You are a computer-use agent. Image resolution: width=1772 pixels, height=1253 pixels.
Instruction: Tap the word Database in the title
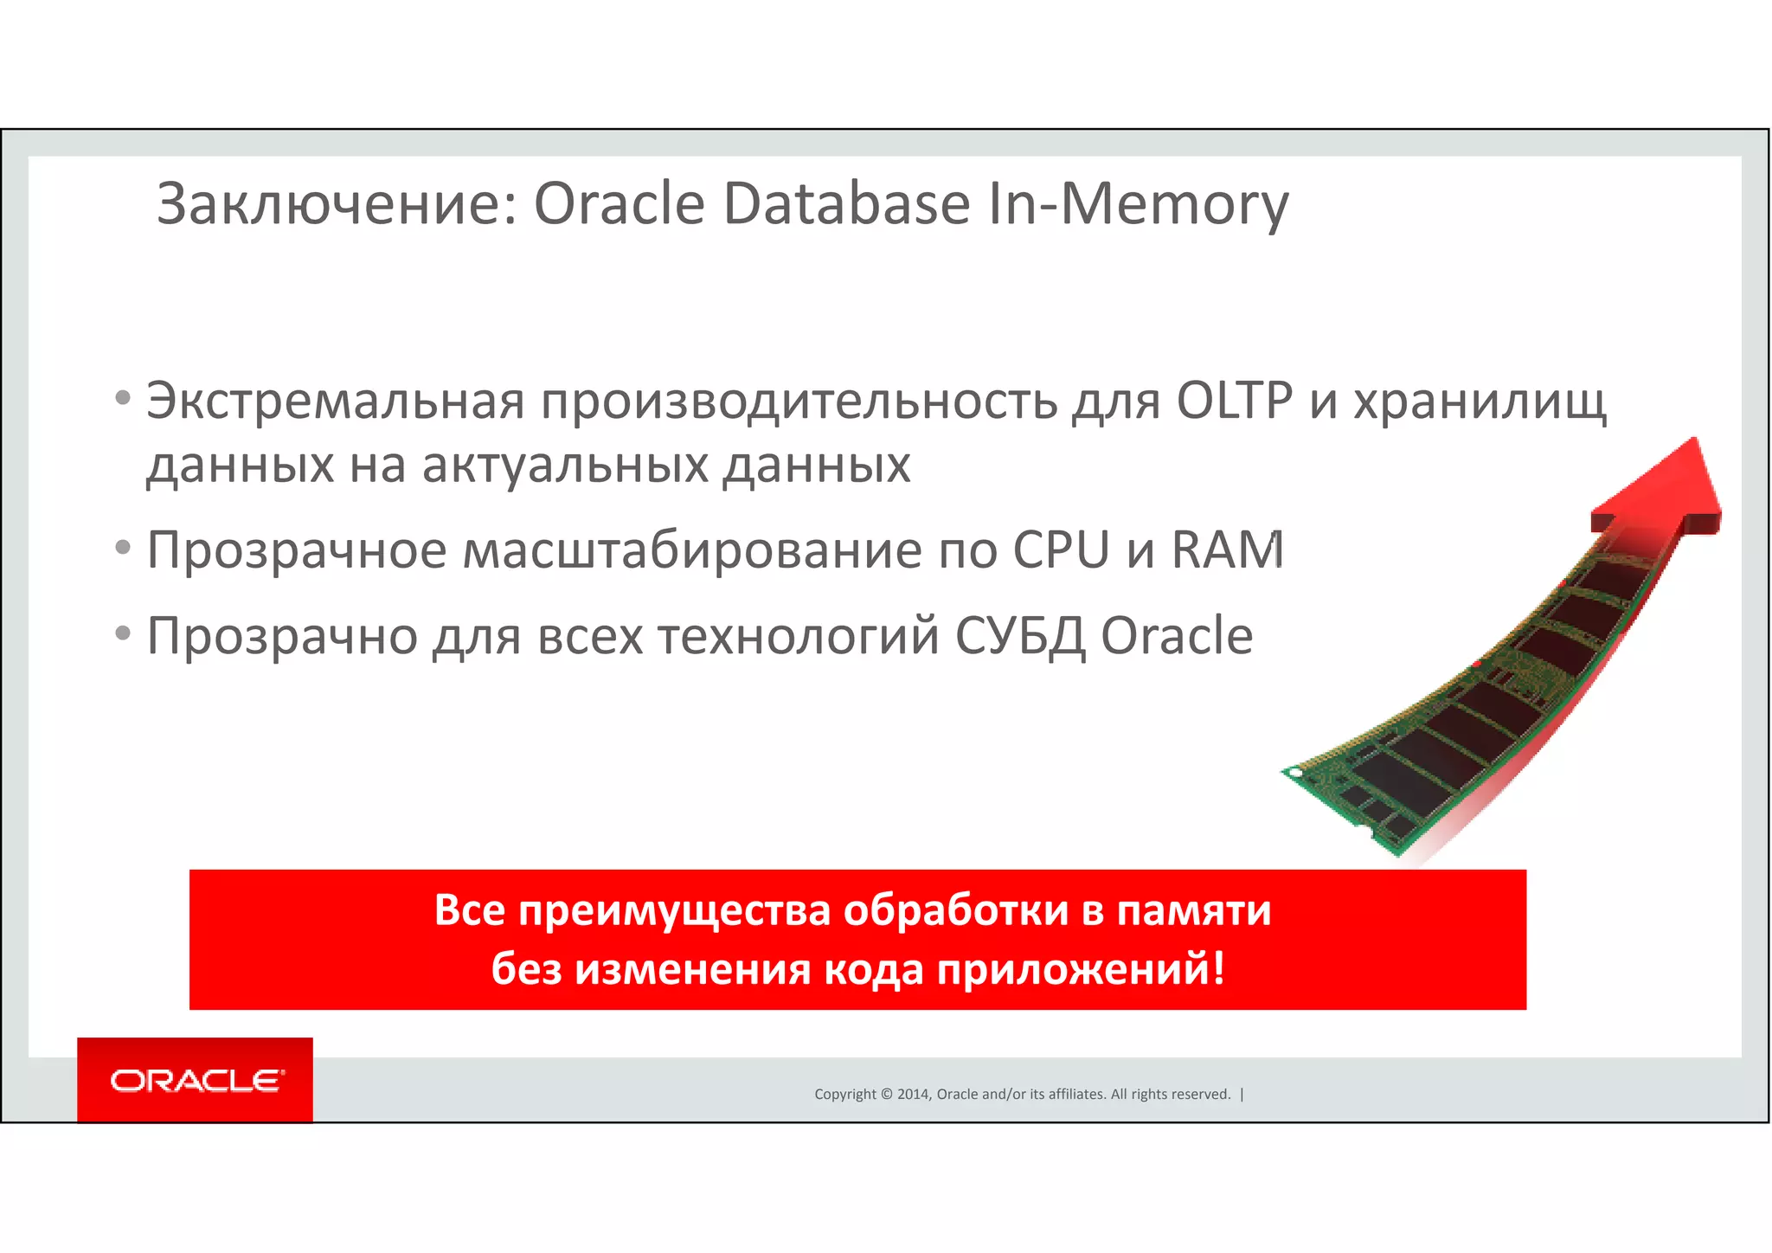pos(846,205)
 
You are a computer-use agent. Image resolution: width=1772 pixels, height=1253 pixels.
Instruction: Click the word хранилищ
pos(1480,402)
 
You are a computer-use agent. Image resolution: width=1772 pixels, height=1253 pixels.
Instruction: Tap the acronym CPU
pos(1061,549)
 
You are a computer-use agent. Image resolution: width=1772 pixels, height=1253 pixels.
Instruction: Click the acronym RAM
pos(1227,549)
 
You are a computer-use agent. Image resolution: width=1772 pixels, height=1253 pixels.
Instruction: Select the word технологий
pos(799,637)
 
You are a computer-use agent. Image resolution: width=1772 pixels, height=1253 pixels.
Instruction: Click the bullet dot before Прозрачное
pos(123,548)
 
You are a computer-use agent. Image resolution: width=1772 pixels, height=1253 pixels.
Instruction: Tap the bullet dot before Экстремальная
pos(123,399)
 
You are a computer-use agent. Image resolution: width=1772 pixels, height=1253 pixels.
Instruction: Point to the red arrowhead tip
pos(1695,441)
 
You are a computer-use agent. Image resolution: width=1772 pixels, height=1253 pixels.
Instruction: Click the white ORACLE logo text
pos(196,1081)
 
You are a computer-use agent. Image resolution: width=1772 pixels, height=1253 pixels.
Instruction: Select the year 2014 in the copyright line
pos(913,1095)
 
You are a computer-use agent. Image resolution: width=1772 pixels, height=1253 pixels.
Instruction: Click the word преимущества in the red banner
pos(675,911)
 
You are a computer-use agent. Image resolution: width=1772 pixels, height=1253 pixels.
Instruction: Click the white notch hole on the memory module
pos(1295,772)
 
